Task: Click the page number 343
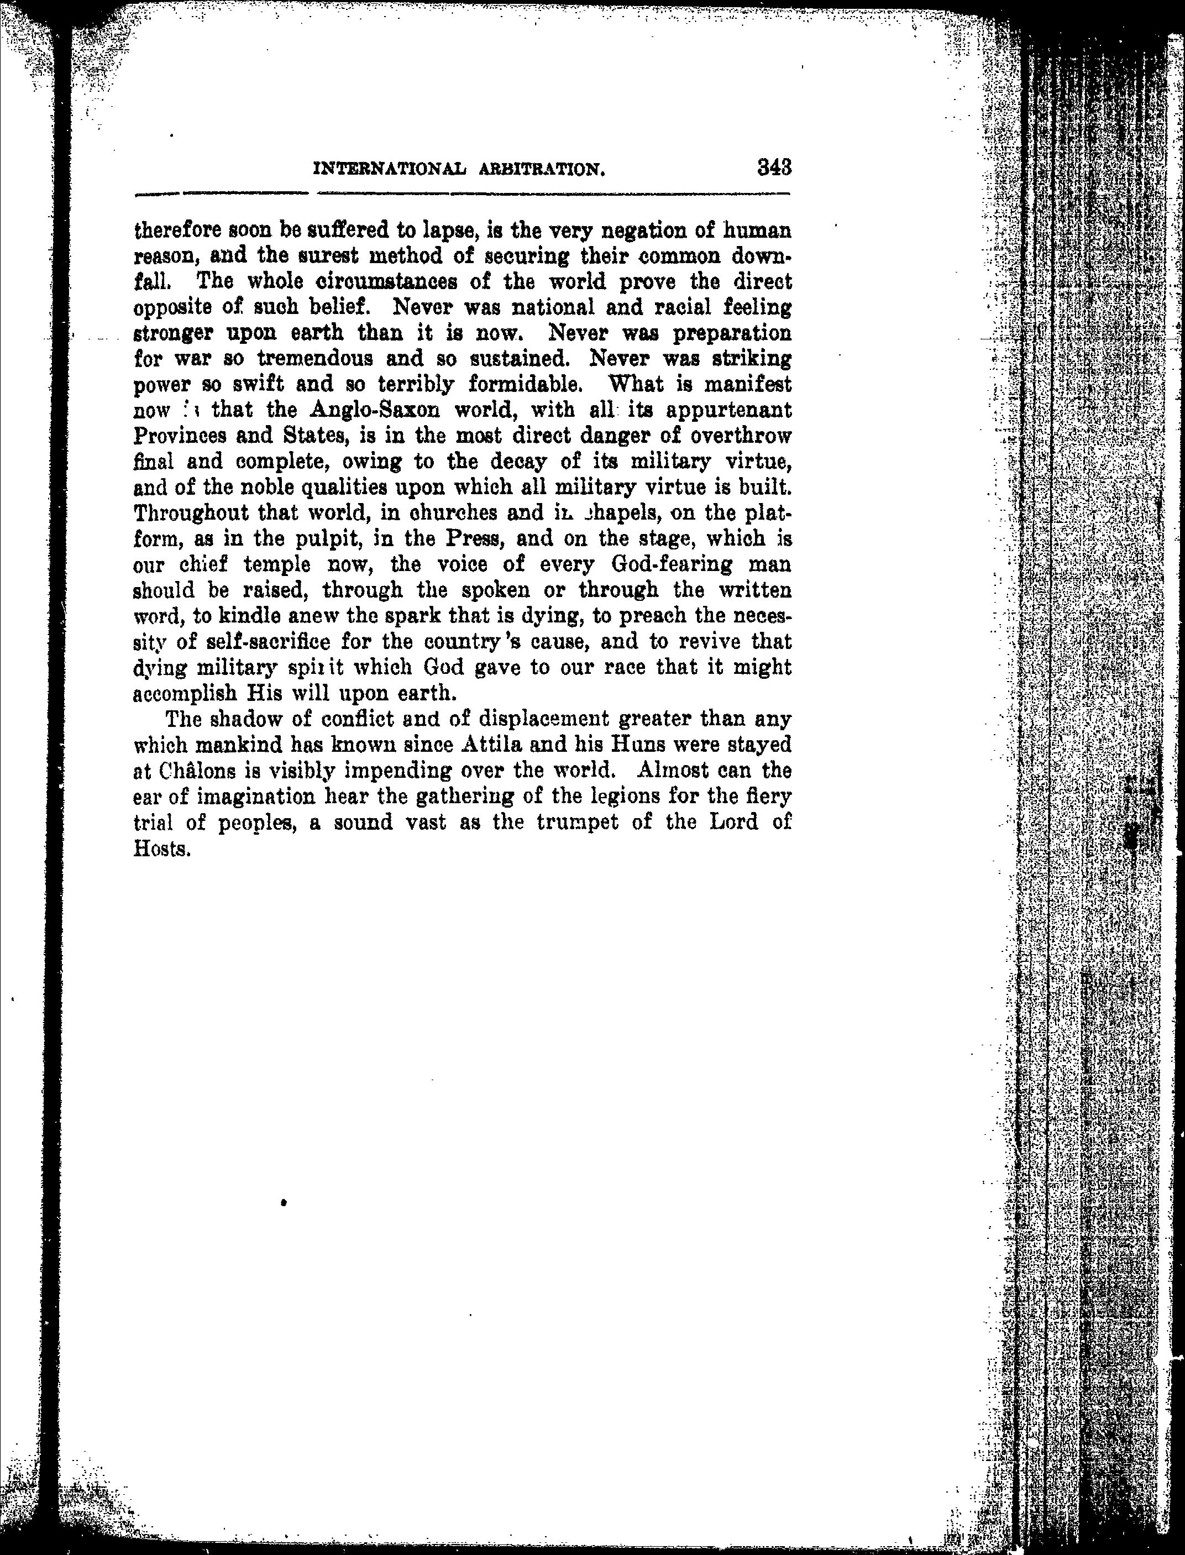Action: tap(774, 168)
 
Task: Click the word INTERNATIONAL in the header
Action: tap(389, 169)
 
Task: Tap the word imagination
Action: tap(255, 797)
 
